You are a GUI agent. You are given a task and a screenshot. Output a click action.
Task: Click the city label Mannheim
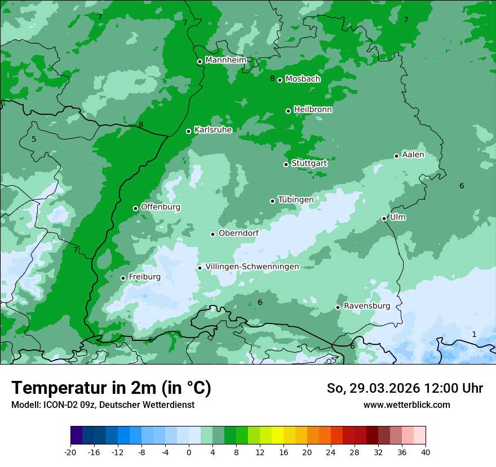226,60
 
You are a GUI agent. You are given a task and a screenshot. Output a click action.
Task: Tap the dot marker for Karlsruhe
189,131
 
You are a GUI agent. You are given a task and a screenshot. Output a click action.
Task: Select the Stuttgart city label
309,163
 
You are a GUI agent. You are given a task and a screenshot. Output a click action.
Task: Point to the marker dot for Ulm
384,218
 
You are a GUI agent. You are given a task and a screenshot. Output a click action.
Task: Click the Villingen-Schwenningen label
252,267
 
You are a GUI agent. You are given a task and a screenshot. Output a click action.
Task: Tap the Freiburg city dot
123,278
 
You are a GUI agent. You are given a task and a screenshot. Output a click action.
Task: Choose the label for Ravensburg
367,306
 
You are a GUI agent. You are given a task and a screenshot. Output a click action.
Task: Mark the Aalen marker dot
397,156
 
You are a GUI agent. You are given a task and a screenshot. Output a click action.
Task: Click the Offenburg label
161,207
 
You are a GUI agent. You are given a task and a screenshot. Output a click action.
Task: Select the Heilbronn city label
313,110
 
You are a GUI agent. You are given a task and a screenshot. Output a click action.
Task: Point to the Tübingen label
296,200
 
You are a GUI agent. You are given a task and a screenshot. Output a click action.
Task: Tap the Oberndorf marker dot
213,234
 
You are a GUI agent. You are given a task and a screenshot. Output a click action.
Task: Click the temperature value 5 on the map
34,139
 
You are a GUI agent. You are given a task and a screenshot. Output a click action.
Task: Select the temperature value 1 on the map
474,334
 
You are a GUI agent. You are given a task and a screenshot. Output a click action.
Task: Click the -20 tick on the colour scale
70,452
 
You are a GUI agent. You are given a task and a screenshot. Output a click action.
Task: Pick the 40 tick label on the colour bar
426,452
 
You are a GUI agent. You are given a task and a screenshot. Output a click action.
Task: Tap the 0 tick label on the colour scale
189,452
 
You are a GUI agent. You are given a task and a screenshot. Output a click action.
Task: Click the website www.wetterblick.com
406,405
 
